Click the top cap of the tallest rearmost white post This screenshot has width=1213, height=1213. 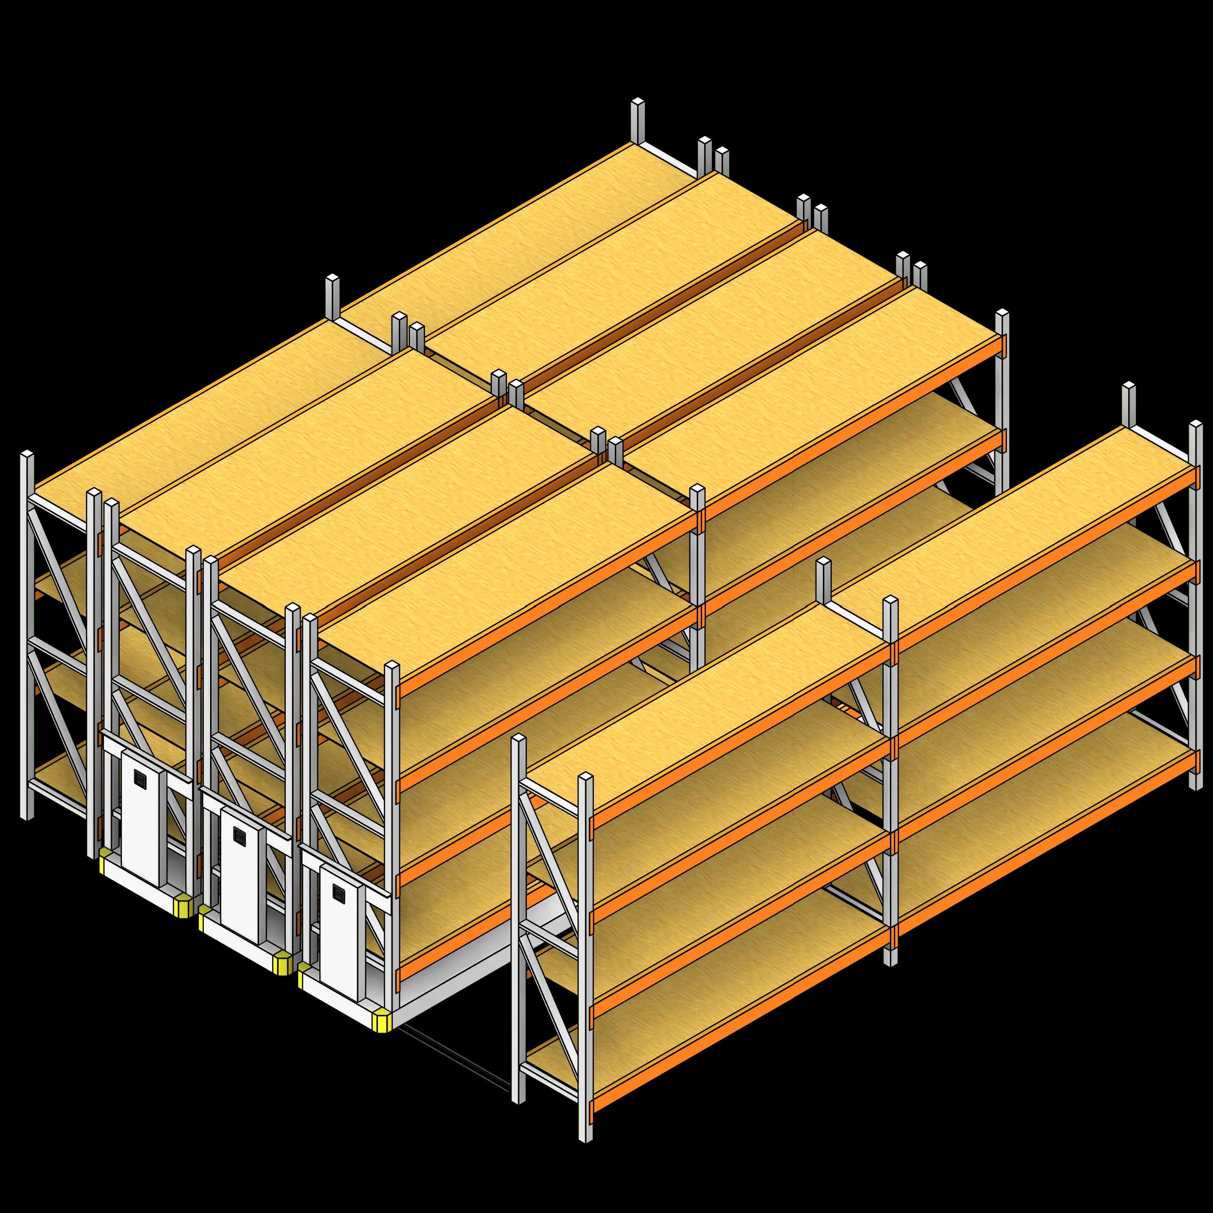(638, 102)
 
